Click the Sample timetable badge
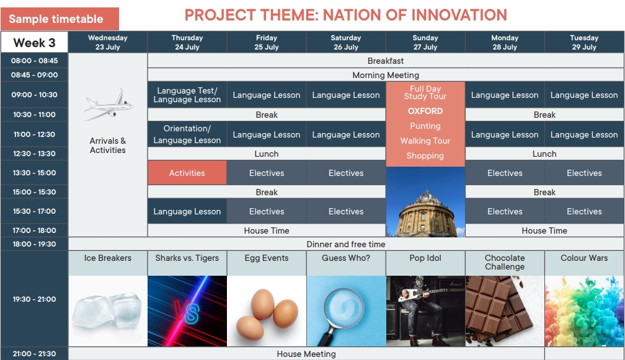point(60,19)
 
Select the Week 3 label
point(34,43)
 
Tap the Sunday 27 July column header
point(425,42)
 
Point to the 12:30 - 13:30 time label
point(34,153)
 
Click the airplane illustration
point(109,104)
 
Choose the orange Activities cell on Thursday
point(187,173)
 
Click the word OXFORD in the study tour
point(425,111)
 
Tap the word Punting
point(425,126)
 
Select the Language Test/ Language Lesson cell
point(187,95)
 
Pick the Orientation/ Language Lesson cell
point(187,134)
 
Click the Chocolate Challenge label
point(505,262)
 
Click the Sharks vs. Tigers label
point(187,258)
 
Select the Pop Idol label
point(425,258)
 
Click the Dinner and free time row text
point(346,244)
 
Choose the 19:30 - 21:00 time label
point(34,299)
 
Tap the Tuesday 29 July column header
point(584,42)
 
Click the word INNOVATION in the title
point(459,15)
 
